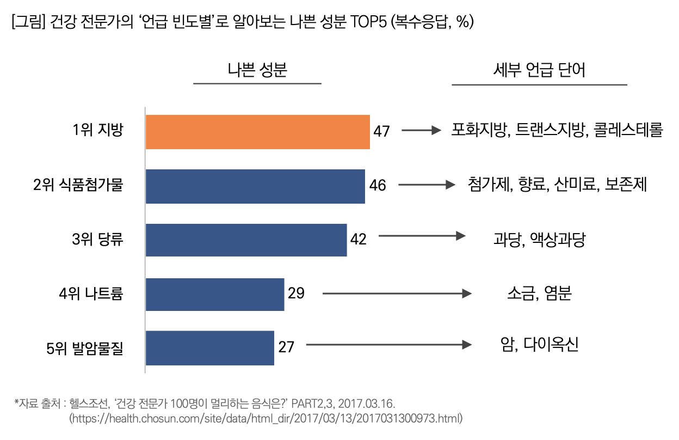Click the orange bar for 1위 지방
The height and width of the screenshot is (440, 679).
(257, 132)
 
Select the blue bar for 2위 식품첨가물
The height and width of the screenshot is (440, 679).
(255, 186)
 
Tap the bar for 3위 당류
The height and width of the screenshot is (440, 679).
(246, 240)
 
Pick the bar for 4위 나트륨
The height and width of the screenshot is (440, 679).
(215, 294)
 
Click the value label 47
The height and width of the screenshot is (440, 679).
(382, 132)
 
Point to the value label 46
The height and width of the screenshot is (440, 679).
(378, 186)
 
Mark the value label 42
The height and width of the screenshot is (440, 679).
(358, 239)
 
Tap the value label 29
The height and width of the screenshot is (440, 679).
(296, 294)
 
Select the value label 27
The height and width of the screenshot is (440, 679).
(286, 347)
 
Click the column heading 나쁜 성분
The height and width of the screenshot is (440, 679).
(257, 70)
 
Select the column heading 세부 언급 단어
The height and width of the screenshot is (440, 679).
(539, 70)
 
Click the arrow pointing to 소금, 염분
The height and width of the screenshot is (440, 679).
(397, 294)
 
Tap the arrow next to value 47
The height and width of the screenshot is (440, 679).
(420, 131)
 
